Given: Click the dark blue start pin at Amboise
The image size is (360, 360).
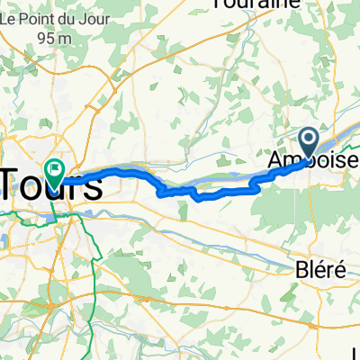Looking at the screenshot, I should click(308, 139).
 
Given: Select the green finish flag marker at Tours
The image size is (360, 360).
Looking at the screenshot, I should click(55, 168).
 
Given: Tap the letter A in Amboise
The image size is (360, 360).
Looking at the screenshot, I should click(274, 160).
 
